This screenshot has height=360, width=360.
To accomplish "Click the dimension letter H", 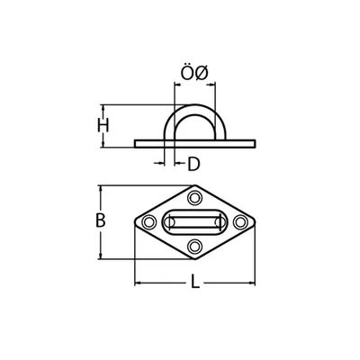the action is click(x=103, y=126).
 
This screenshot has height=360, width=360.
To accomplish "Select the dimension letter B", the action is click(x=100, y=220).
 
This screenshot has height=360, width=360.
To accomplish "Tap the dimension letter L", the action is click(x=195, y=282).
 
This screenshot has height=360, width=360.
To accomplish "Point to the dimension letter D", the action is click(x=193, y=164).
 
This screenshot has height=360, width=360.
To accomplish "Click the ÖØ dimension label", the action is click(x=194, y=73).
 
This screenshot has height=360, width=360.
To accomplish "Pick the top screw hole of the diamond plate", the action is click(x=194, y=198).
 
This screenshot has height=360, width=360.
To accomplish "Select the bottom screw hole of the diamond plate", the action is click(x=194, y=246).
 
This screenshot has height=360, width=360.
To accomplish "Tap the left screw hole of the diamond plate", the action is click(x=148, y=222).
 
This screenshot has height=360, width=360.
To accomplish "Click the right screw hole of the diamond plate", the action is click(x=240, y=222).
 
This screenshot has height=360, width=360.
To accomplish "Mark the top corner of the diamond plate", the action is click(x=195, y=185).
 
